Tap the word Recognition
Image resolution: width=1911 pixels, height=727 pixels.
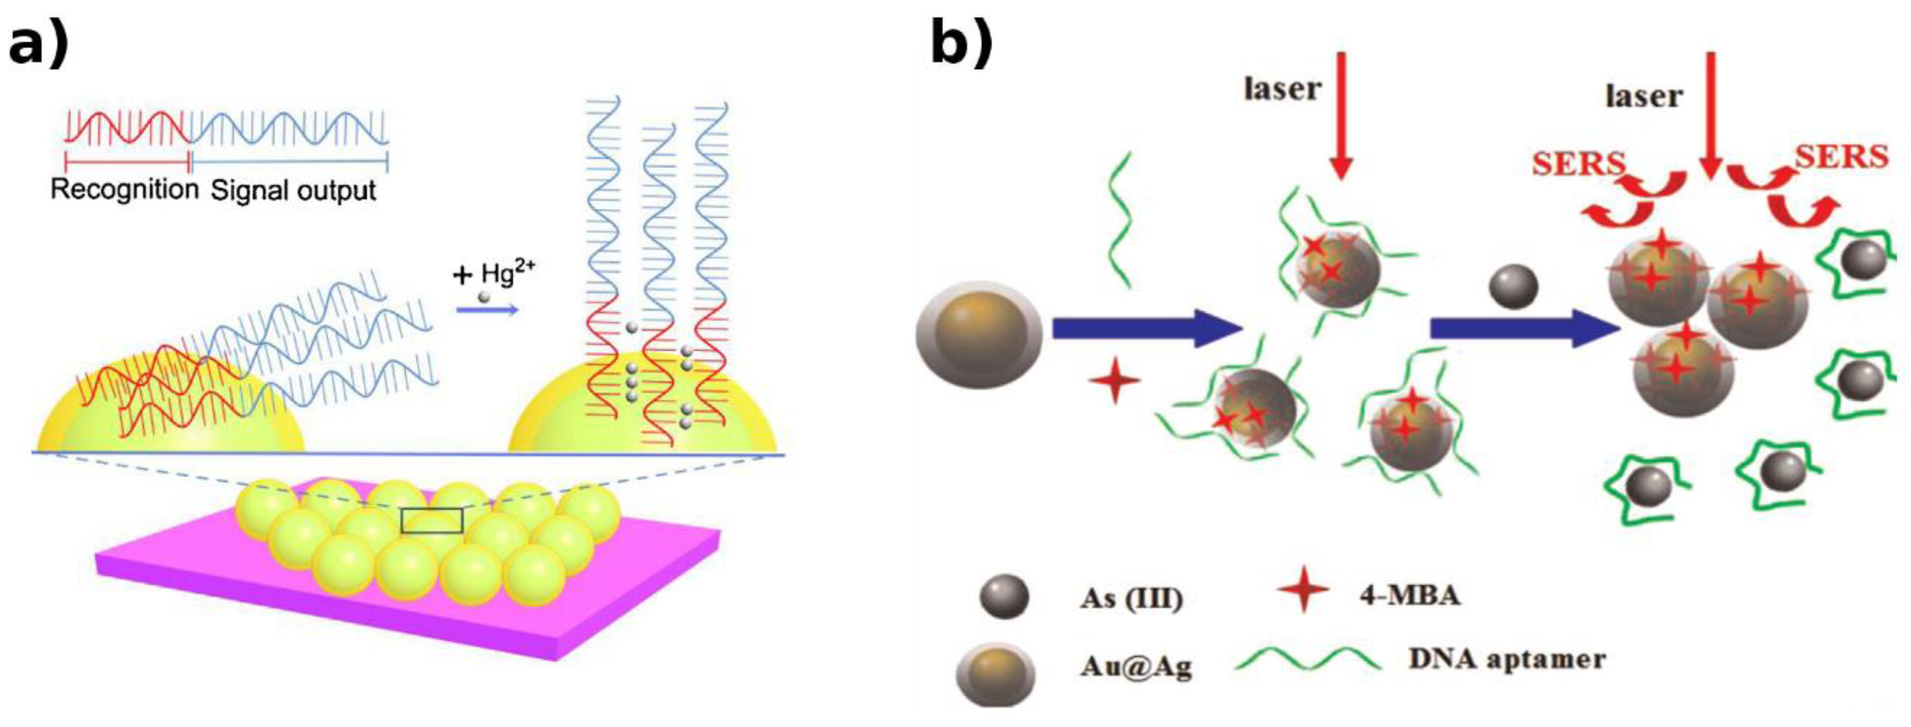pyautogui.click(x=124, y=190)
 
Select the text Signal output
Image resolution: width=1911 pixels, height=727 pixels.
pyautogui.click(x=294, y=191)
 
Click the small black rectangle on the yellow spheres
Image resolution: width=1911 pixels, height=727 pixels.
pyautogui.click(x=431, y=521)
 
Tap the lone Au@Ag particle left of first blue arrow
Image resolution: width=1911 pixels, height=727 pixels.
pyautogui.click(x=979, y=335)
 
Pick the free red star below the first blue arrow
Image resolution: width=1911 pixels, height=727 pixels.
pyautogui.click(x=1114, y=381)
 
